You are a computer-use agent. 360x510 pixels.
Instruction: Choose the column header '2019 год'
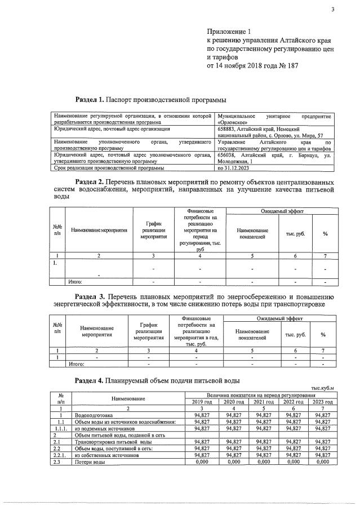(x=201, y=402)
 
